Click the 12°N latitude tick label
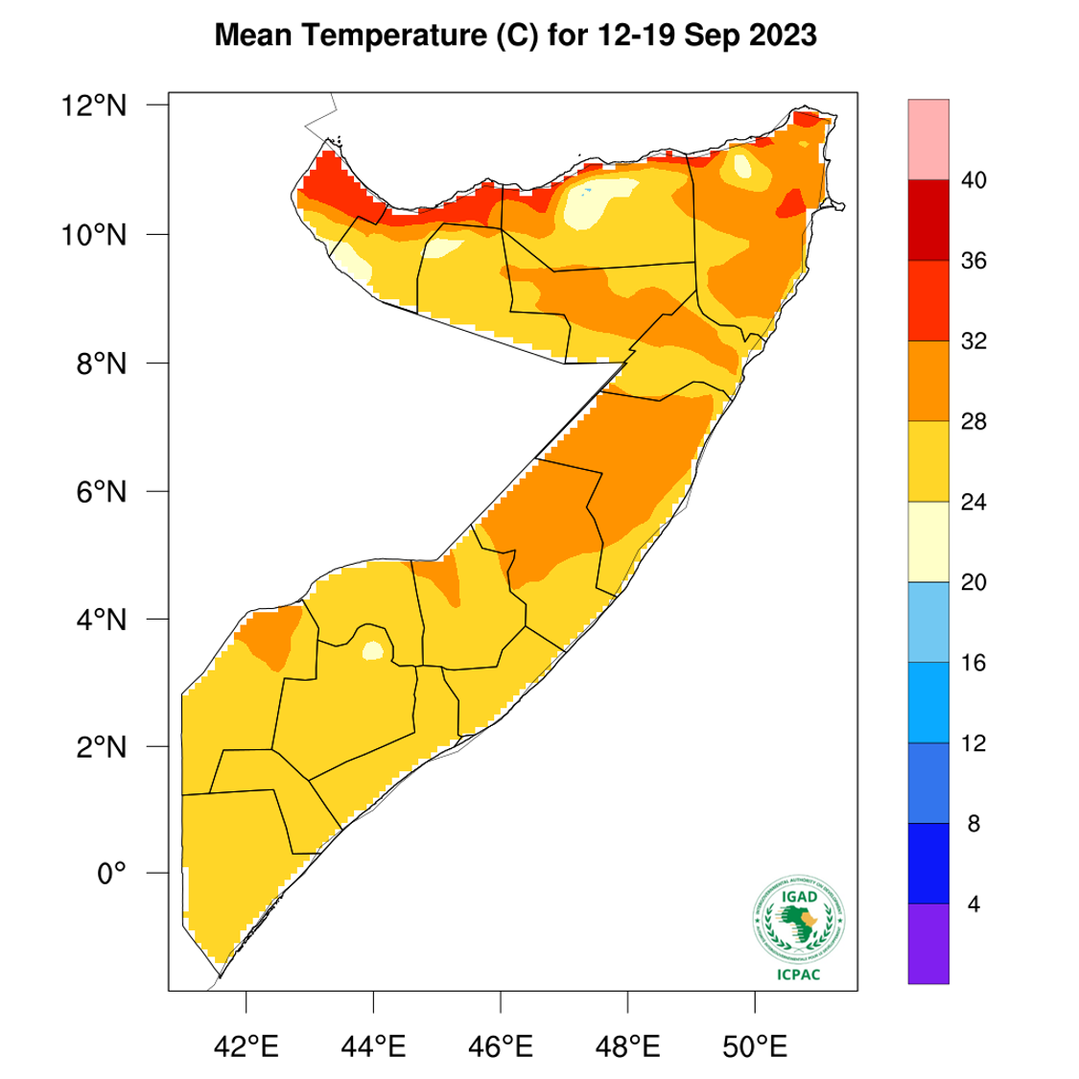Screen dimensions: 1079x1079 pos(94,105)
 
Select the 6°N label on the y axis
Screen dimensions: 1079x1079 pos(101,492)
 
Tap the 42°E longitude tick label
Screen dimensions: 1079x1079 pos(246,1044)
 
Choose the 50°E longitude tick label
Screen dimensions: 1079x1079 pos(755,1044)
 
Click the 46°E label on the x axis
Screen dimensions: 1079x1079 pos(501,1044)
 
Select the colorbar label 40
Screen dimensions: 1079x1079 pos(973,180)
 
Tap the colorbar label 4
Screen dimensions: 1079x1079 pos(973,904)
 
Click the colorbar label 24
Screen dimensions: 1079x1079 pos(973,503)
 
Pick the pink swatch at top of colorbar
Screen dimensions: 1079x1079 pos(928,139)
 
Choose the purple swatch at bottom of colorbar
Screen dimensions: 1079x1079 pos(928,944)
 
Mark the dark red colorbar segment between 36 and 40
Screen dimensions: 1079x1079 pos(928,221)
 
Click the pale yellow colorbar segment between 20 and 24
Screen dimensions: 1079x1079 pos(928,542)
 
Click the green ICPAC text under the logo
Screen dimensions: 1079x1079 pos(798,974)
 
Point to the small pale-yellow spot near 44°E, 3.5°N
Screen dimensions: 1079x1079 pos(372,651)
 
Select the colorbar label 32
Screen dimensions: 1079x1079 pos(973,341)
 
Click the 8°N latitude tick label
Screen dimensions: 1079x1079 pos(101,364)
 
